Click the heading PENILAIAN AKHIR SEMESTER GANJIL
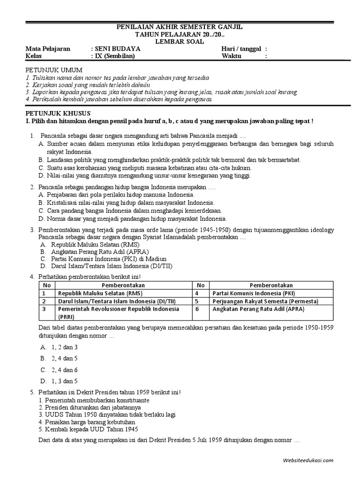coord(180,28)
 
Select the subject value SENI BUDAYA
coord(117,49)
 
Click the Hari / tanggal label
coord(241,49)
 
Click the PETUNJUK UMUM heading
coord(49,69)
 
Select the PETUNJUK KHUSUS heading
coord(57,113)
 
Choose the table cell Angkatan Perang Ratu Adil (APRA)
coord(258,309)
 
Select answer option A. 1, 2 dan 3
coord(59,347)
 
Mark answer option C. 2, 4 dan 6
coord(59,370)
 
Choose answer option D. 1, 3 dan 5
coord(59,381)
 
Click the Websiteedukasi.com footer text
coord(308,460)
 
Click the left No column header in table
coord(46,285)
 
